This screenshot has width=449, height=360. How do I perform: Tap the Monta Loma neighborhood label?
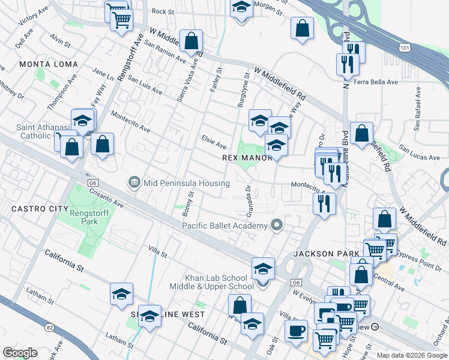tap(49, 64)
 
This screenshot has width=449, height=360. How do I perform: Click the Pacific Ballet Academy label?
tap(224, 226)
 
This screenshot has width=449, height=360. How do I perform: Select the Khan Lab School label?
tap(216, 282)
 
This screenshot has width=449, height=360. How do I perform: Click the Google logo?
tap(20, 353)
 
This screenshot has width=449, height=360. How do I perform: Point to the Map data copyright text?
tap(412, 355)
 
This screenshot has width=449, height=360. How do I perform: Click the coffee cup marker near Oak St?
tap(295, 331)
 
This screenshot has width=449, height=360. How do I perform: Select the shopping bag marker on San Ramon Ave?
tap(191, 43)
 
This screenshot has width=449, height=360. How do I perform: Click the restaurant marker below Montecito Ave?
tap(324, 204)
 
